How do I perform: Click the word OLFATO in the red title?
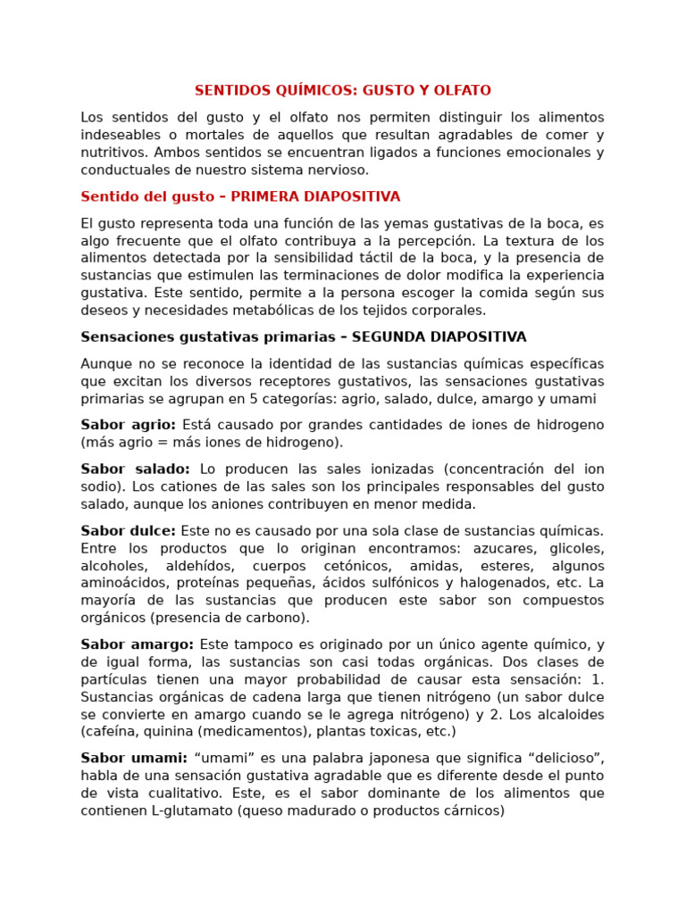click(463, 91)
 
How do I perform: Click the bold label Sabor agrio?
click(128, 425)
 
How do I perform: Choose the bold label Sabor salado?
click(135, 469)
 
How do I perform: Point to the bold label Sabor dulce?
click(128, 531)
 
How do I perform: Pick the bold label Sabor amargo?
click(137, 644)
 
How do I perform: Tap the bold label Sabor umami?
click(134, 759)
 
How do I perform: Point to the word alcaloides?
click(568, 715)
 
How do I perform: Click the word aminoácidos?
click(121, 583)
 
